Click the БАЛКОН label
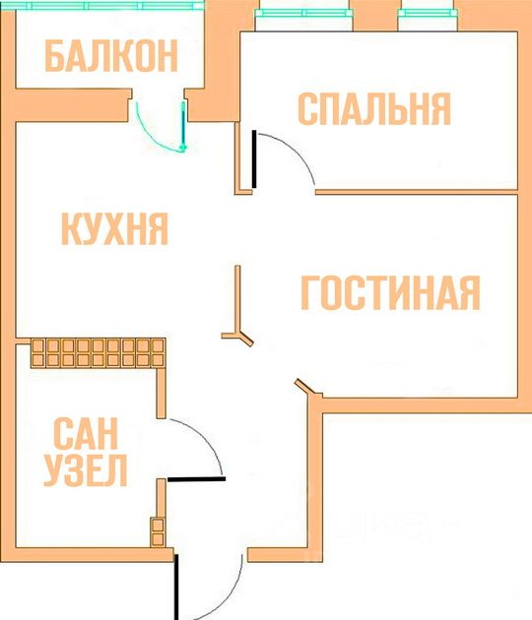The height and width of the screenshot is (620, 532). point(111,56)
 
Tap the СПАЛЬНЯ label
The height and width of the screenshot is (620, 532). point(374,108)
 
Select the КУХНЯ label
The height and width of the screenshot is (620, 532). point(115,228)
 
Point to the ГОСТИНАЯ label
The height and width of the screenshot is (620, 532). point(391,292)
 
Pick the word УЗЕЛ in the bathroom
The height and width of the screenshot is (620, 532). point(86,470)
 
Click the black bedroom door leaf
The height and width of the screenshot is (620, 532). point(254,159)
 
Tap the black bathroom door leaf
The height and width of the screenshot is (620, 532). point(196,479)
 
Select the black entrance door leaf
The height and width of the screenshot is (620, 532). point(176,587)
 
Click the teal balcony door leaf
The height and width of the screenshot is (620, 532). point(183,124)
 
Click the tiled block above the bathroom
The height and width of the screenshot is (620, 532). point(98,353)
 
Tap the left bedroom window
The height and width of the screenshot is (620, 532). point(303,13)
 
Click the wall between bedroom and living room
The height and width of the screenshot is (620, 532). point(417,192)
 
